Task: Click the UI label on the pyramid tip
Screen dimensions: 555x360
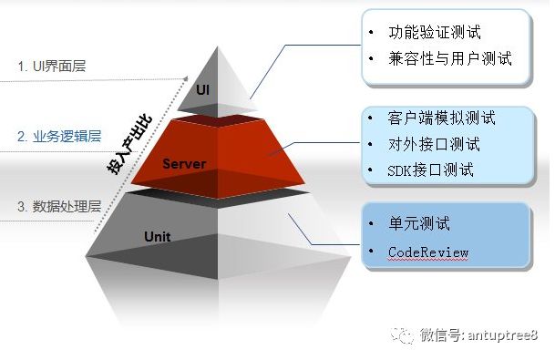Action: (203, 90)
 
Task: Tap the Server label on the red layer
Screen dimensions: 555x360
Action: (184, 163)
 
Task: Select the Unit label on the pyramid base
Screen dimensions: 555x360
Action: (158, 236)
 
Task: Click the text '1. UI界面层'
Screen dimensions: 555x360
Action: (52, 67)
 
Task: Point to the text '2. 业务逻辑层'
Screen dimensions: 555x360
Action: (59, 137)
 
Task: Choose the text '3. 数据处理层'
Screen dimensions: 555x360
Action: (59, 206)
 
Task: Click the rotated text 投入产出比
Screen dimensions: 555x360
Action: (129, 144)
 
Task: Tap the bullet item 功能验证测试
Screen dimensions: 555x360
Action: (435, 32)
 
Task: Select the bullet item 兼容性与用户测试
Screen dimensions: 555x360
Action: (450, 58)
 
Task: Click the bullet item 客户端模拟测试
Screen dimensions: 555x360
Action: (441, 118)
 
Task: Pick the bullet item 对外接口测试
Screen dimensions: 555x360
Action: (434, 144)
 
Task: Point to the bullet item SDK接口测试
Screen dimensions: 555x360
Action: (430, 170)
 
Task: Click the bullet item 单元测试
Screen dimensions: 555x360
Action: (419, 223)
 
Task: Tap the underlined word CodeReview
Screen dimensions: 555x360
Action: (428, 252)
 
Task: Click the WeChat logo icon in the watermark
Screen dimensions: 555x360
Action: (402, 334)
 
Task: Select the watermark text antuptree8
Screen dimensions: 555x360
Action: (503, 334)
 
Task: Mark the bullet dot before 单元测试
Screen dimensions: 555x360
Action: (371, 223)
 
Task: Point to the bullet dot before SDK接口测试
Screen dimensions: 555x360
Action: (371, 170)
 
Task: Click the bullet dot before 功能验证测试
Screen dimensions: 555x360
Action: (371, 32)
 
